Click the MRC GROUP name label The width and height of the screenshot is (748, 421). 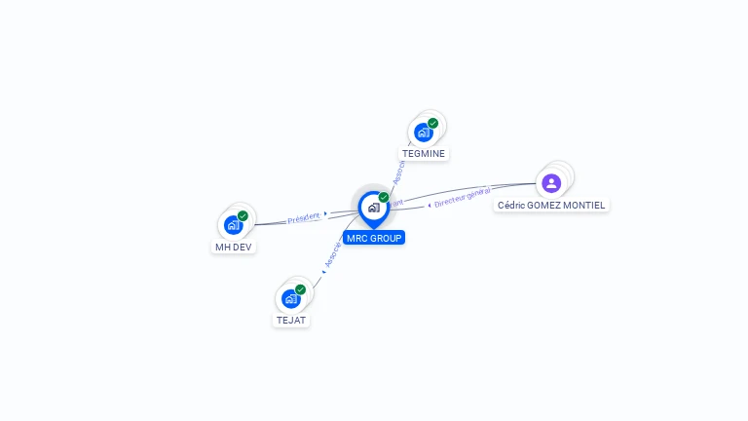click(x=373, y=238)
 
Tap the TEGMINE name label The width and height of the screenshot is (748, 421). click(x=425, y=153)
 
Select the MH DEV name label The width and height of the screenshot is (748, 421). click(x=234, y=247)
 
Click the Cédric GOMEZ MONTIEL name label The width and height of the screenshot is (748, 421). click(x=551, y=206)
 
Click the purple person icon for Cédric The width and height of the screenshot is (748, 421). click(x=551, y=182)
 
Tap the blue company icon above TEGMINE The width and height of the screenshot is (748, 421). click(x=423, y=133)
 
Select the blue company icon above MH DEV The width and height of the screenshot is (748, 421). click(x=233, y=225)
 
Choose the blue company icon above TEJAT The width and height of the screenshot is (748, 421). click(x=290, y=298)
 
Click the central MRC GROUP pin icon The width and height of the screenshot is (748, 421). click(x=373, y=208)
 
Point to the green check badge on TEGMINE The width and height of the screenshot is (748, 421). click(x=432, y=124)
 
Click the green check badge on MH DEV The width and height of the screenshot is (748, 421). click(x=243, y=216)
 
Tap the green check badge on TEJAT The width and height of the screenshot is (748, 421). click(x=300, y=289)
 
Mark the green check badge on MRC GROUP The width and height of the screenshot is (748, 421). click(x=384, y=198)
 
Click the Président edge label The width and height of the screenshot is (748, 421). click(x=303, y=218)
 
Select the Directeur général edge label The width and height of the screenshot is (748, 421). click(x=462, y=198)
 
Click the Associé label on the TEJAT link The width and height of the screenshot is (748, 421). click(x=331, y=255)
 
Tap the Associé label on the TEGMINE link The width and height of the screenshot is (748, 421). click(x=397, y=173)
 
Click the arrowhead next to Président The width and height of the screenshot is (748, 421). click(x=325, y=213)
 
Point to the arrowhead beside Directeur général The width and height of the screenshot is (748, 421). click(x=430, y=205)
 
